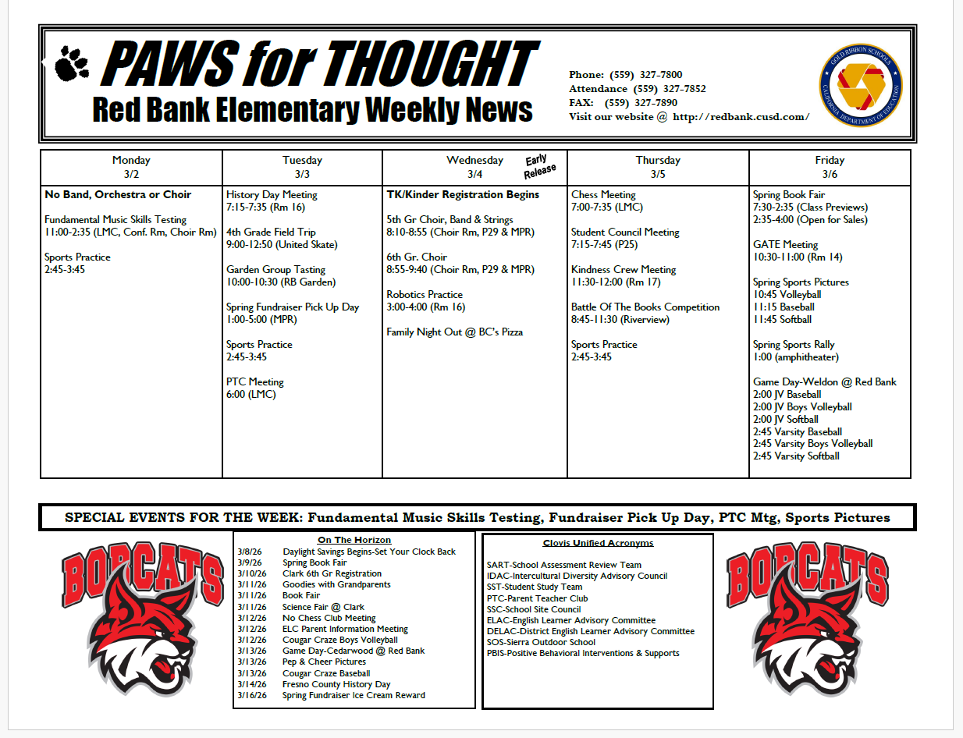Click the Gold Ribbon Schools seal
[x=861, y=85]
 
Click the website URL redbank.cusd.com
[x=741, y=117]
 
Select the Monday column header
[x=131, y=167]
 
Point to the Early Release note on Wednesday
[x=540, y=165]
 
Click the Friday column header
[x=830, y=167]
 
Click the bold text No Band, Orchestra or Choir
[x=118, y=195]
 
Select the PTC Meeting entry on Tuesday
[x=255, y=382]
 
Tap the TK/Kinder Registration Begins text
[x=463, y=195]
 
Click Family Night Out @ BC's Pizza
[x=454, y=332]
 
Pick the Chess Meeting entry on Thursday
[x=603, y=195]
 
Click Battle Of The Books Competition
[x=645, y=307]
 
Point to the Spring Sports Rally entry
[x=794, y=345]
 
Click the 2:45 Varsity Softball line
[x=796, y=456]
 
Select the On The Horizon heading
[x=354, y=540]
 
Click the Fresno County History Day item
[x=336, y=684]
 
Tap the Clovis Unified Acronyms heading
[x=598, y=543]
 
